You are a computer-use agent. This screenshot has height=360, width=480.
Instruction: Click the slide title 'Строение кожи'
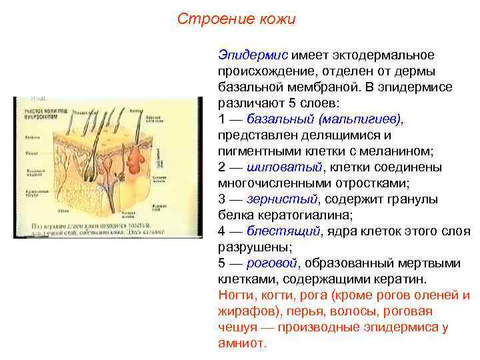[236, 19]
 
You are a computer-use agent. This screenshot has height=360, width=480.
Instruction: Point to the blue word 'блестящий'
[283, 231]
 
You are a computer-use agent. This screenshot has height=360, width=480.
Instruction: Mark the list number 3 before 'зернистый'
[222, 199]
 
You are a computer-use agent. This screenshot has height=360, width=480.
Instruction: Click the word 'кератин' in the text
[402, 279]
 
